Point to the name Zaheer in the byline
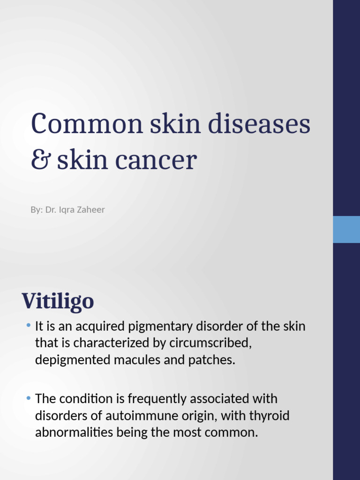tap(91, 210)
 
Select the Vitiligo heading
tap(58, 301)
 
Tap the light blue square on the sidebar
tap(346, 229)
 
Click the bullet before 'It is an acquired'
tap(29, 325)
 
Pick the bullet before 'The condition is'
tap(29, 398)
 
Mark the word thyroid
tap(272, 416)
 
